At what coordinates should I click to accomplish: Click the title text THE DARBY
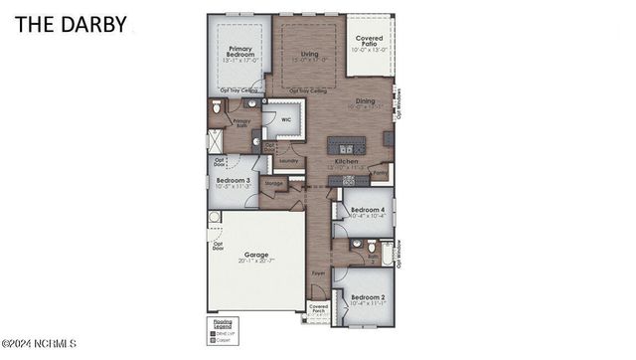[71, 25]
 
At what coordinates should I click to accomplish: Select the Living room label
[310, 56]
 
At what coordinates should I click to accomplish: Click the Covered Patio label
[369, 42]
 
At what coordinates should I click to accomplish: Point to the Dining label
[366, 100]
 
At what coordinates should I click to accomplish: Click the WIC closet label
[286, 119]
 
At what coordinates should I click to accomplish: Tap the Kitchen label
[346, 161]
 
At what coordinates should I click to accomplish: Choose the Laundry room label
[289, 160]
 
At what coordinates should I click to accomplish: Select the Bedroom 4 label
[369, 210]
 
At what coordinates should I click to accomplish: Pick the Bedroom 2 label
[368, 297]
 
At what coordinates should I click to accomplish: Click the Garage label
[256, 256]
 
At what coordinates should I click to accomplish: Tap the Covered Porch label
[319, 308]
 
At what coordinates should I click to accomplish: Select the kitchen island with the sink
[346, 141]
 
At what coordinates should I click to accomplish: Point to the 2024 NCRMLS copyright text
[39, 345]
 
